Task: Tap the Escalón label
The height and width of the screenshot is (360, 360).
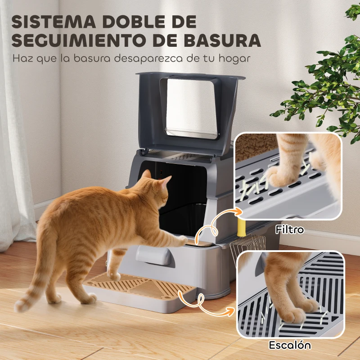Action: [290, 346]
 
